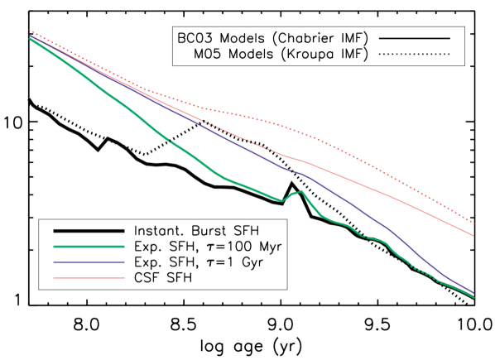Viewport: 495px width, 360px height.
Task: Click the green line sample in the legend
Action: point(89,247)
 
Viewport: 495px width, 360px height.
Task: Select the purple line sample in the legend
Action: point(89,262)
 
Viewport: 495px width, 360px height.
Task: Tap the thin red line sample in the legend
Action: point(89,278)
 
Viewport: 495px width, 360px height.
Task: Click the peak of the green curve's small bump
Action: point(300,191)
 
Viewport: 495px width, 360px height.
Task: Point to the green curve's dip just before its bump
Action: point(282,200)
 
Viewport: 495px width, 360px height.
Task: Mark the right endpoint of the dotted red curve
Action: point(473,223)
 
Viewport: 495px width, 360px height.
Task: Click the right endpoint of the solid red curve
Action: point(473,236)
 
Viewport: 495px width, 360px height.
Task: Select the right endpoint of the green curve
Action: point(474,297)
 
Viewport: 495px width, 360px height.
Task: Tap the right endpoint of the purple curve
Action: point(473,293)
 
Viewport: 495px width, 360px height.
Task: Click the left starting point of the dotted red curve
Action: point(30,31)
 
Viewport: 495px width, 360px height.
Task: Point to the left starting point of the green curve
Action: point(30,39)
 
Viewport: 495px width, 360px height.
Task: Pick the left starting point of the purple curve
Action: point(30,36)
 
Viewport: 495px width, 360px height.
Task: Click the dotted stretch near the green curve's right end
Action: point(422,271)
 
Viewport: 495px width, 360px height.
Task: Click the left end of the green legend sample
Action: point(55,247)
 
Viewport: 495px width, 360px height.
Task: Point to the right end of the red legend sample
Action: point(124,278)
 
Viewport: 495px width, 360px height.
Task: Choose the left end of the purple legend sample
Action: point(55,262)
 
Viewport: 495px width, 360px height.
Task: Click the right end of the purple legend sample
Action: point(124,262)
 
